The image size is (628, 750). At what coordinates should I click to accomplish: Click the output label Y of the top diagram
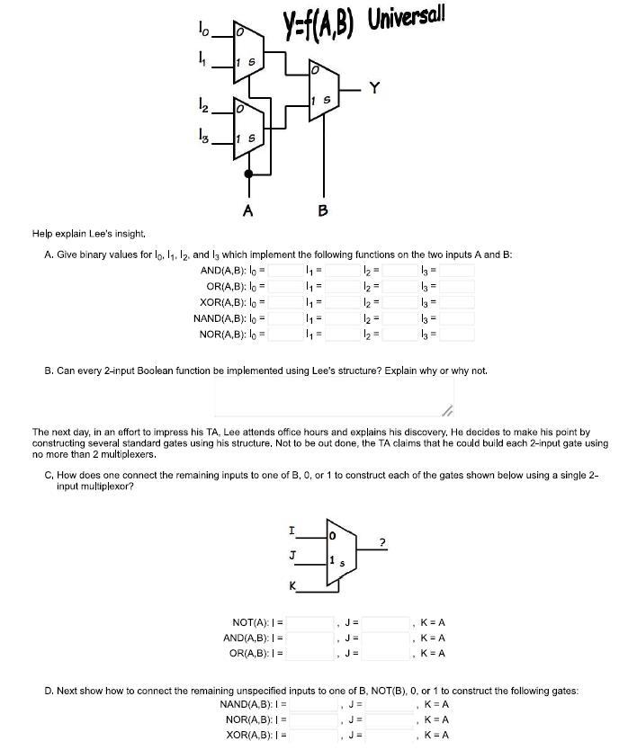pos(373,88)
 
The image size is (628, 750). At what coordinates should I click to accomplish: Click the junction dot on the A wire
pos(248,173)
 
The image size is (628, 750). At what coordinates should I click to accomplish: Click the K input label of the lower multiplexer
pos(292,585)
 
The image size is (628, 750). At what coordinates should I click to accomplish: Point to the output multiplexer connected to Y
pos(323,88)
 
